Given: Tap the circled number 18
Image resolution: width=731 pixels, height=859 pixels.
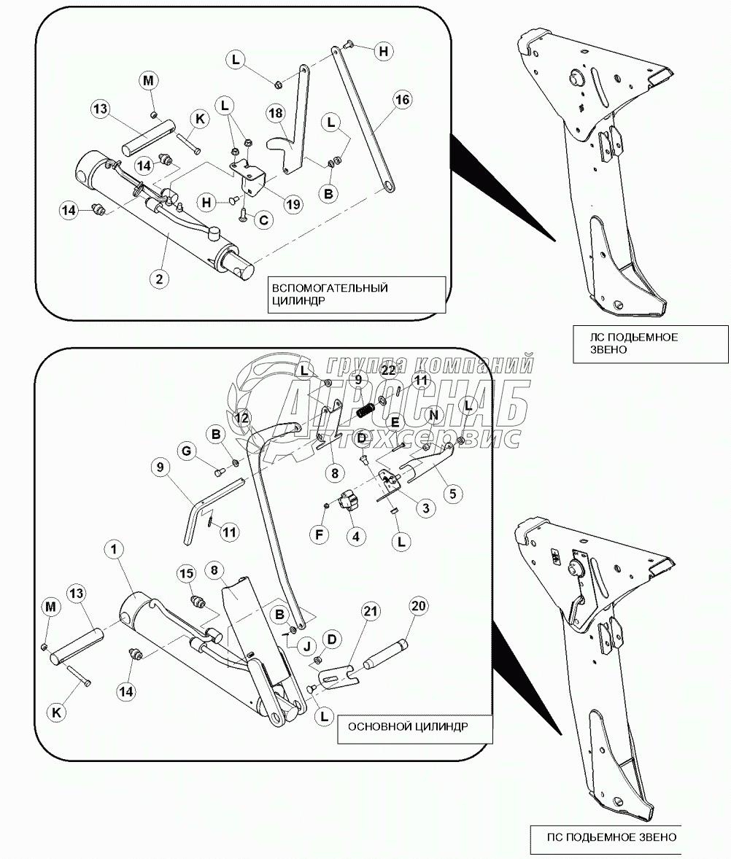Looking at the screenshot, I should pos(275,114).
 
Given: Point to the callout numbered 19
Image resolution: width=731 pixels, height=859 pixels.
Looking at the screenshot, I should pos(293,205).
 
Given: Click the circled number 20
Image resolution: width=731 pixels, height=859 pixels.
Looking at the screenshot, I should pos(419,605).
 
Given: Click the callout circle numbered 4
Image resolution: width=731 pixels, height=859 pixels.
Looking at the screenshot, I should pos(355,536).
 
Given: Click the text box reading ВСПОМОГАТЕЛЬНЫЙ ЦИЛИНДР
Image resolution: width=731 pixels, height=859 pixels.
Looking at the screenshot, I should pos(354,295).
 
